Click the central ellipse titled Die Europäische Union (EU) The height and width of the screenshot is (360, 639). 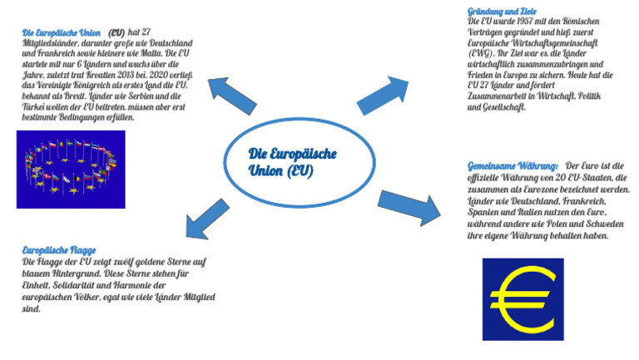point(297,163)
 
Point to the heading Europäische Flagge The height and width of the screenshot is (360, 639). point(59,249)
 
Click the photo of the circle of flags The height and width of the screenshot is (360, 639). point(71,169)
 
